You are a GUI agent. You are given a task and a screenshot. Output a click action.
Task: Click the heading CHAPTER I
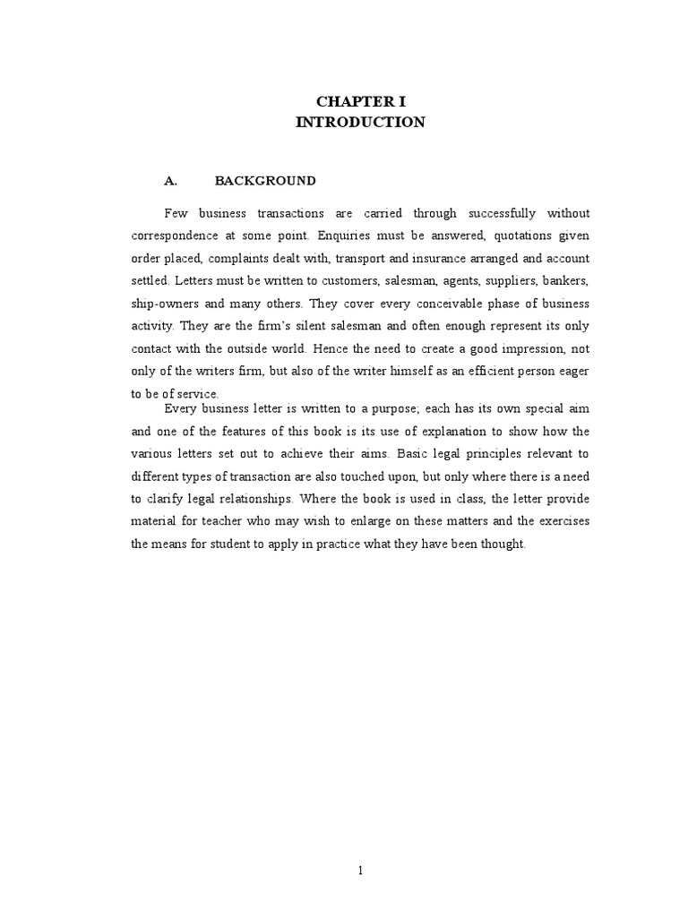pos(360,102)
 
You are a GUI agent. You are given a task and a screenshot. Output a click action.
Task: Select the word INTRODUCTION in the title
pos(360,123)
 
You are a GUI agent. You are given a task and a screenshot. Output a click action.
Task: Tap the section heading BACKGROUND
pos(265,181)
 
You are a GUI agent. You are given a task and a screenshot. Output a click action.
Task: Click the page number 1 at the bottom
pos(361,870)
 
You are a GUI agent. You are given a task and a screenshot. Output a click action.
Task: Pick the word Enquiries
pos(346,236)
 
